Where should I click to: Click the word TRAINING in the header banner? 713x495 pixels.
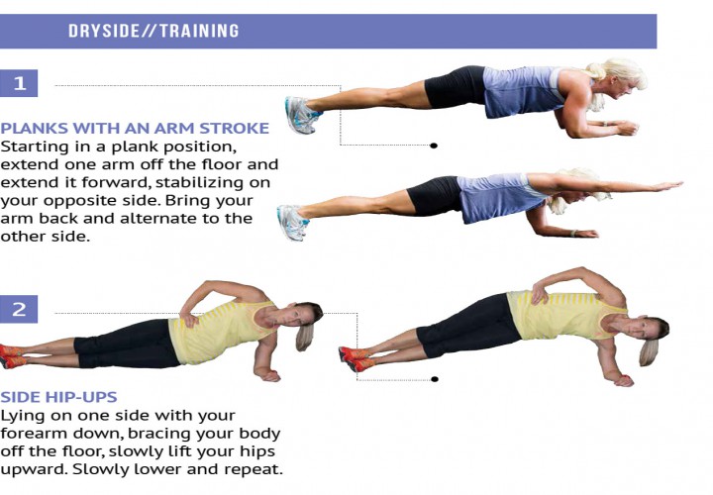tap(199, 31)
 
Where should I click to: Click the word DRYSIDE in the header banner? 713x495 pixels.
tap(104, 31)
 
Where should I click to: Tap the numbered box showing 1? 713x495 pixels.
tap(19, 83)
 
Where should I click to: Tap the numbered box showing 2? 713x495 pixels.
tap(19, 309)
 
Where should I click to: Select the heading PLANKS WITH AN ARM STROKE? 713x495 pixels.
tap(135, 128)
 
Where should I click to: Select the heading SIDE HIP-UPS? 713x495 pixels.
tap(58, 397)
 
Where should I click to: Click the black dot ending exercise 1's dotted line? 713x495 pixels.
tap(434, 146)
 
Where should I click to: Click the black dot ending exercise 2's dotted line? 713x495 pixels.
tap(435, 379)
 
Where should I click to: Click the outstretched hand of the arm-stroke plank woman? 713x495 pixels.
tap(667, 185)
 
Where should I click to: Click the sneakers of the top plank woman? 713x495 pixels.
tap(301, 115)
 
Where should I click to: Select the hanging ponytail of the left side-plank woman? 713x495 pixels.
tap(304, 336)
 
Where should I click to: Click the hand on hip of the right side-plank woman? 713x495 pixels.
tap(540, 292)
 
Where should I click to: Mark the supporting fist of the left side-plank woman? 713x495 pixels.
tap(269, 375)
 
